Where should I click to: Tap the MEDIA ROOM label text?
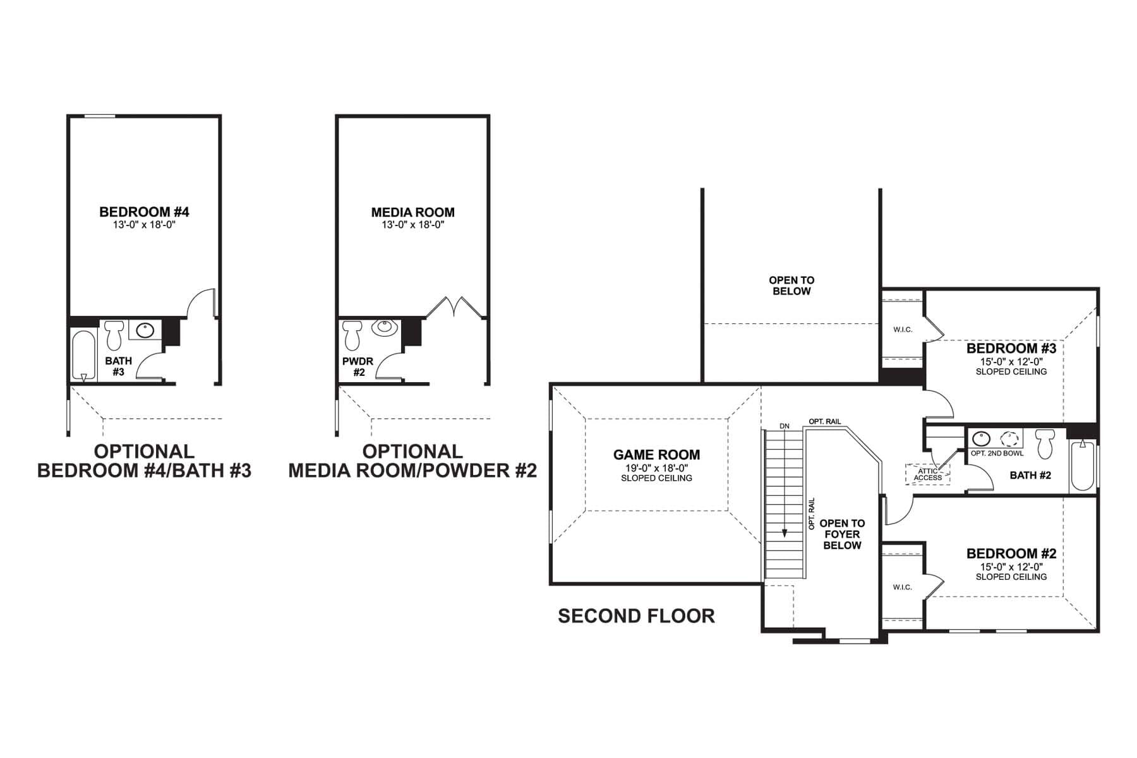(x=412, y=212)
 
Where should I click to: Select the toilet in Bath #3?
(x=114, y=335)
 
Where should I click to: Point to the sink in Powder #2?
(x=383, y=328)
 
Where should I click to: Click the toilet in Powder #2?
(x=351, y=335)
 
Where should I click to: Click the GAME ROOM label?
(x=656, y=455)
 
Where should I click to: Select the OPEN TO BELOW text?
(x=791, y=286)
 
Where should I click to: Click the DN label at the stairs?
(x=784, y=426)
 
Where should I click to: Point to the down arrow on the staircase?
(x=785, y=532)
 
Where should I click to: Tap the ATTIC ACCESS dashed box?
(x=927, y=474)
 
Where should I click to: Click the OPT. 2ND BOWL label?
(x=997, y=453)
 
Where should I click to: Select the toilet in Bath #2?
(x=1045, y=443)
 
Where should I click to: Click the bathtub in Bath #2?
(x=1083, y=466)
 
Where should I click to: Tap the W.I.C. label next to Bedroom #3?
(x=903, y=330)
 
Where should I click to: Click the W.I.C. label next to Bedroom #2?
(x=902, y=587)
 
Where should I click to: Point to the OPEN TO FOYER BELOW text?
(x=842, y=534)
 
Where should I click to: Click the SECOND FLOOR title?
(x=636, y=616)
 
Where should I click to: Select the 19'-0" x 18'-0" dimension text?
(x=656, y=468)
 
